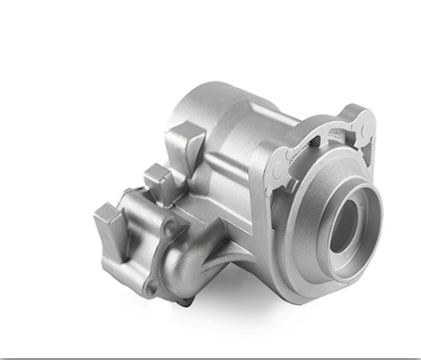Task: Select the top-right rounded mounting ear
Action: pyautogui.click(x=364, y=122)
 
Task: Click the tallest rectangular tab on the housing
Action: pyautogui.click(x=189, y=146)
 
